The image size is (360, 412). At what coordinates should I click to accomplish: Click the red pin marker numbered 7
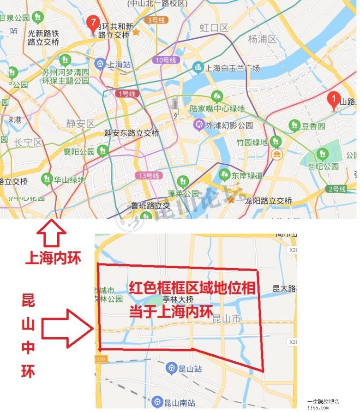tap(93, 23)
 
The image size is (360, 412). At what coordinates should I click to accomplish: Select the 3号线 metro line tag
tap(155, 20)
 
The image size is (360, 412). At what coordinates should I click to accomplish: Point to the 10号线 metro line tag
tap(166, 60)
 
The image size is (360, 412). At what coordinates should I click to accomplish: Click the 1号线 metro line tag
tap(126, 93)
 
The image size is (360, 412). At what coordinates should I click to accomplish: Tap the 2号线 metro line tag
tap(336, 189)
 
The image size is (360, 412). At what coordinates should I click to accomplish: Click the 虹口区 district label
tap(214, 28)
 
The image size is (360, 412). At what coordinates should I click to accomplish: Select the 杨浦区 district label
tap(262, 39)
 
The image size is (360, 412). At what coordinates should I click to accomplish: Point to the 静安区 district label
tap(80, 123)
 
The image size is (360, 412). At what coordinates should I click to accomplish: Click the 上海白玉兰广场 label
tap(232, 68)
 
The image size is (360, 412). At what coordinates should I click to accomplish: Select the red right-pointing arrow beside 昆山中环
tap(67, 328)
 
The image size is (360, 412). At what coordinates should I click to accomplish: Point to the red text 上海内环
tap(53, 257)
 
